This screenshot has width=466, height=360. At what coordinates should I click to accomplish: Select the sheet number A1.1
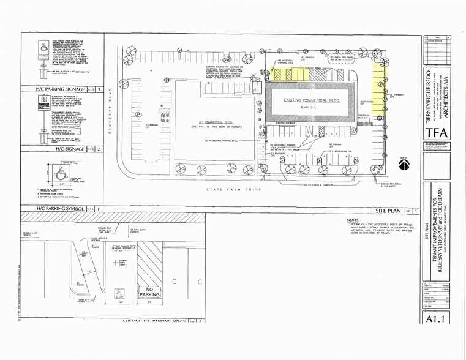[x=436, y=319]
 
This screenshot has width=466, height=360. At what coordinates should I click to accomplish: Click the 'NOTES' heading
[x=352, y=220]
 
